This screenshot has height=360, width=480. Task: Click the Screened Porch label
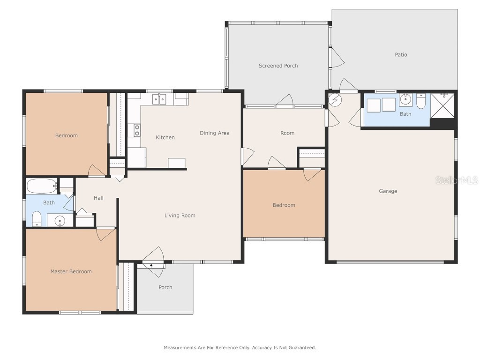(278, 66)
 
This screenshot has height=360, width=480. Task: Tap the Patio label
(401, 54)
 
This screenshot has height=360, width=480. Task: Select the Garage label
(388, 191)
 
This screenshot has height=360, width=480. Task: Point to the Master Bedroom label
(71, 271)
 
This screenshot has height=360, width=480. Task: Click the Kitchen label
(165, 137)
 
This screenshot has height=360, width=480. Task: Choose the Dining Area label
(214, 133)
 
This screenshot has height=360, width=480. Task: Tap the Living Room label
(180, 216)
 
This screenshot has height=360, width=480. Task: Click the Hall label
(98, 198)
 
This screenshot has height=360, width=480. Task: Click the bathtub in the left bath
(42, 186)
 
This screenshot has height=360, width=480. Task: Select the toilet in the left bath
(37, 218)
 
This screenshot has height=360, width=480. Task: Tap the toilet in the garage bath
(421, 101)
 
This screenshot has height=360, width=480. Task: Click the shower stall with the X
(442, 105)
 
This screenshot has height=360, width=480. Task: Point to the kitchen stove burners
(137, 130)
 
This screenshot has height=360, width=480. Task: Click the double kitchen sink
(159, 99)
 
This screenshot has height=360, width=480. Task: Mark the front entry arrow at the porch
(151, 266)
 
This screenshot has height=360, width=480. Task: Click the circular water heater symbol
(335, 100)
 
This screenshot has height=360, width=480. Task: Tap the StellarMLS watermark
(457, 180)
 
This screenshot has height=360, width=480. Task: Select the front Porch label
(165, 287)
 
